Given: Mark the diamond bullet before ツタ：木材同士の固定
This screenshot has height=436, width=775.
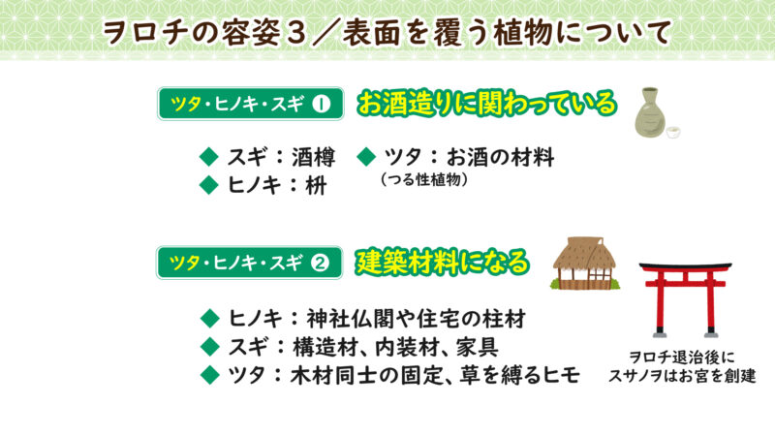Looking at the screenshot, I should coord(206,375).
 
